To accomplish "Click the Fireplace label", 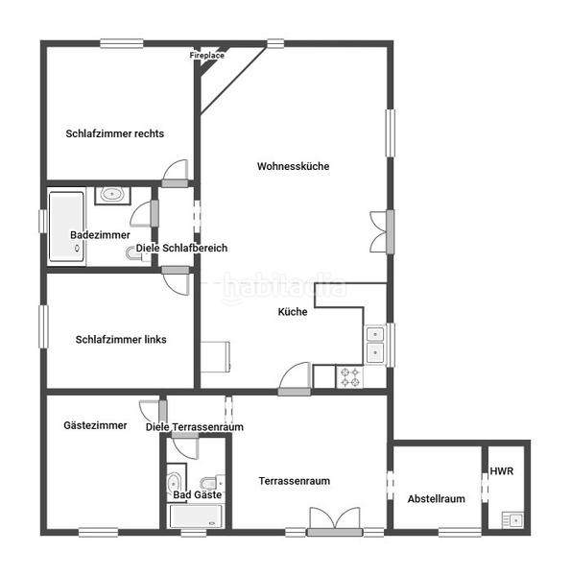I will pyautogui.click(x=206, y=56).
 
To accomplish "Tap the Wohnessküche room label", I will pyautogui.click(x=293, y=166).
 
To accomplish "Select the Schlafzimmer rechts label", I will pyautogui.click(x=114, y=133).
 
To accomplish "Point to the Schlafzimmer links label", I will pyautogui.click(x=121, y=339).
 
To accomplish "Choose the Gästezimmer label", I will pyautogui.click(x=95, y=424).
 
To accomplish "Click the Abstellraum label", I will pyautogui.click(x=436, y=498).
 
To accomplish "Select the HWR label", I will pyautogui.click(x=502, y=471).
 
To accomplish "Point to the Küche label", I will pyautogui.click(x=293, y=312).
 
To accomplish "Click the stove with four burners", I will pyautogui.click(x=349, y=377).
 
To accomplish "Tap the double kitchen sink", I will pyautogui.click(x=374, y=346).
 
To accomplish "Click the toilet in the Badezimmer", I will pyautogui.click(x=133, y=253).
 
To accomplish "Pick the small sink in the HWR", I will pyautogui.click(x=513, y=519).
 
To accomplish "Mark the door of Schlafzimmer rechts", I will pyautogui.click(x=176, y=174).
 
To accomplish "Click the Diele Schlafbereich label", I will pyautogui.click(x=181, y=248).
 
